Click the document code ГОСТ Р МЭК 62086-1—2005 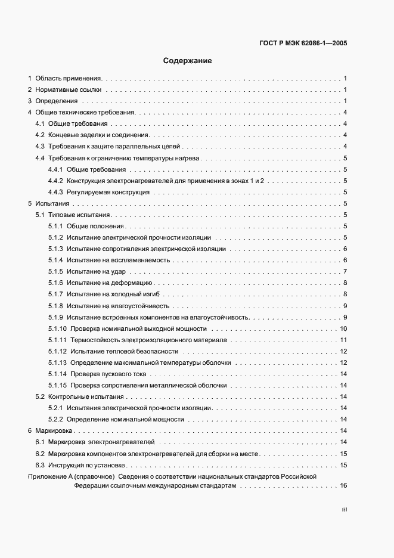pyautogui.click(x=303, y=44)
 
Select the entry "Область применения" pyautogui.click(x=69, y=78)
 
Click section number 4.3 pyautogui.click(x=41, y=146)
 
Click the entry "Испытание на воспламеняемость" pyautogui.click(x=119, y=260)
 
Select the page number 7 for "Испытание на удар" pyautogui.click(x=345, y=272)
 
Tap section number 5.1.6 pyautogui.click(x=55, y=283)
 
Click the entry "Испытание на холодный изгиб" pyautogui.click(x=114, y=294)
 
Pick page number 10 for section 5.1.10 pyautogui.click(x=343, y=328)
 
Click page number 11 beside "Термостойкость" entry pyautogui.click(x=343, y=340)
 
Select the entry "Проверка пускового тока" pyautogui.click(x=108, y=374)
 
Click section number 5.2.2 pyautogui.click(x=55, y=419)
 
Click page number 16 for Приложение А pyautogui.click(x=343, y=486)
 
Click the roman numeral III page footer pyautogui.click(x=344, y=510)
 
